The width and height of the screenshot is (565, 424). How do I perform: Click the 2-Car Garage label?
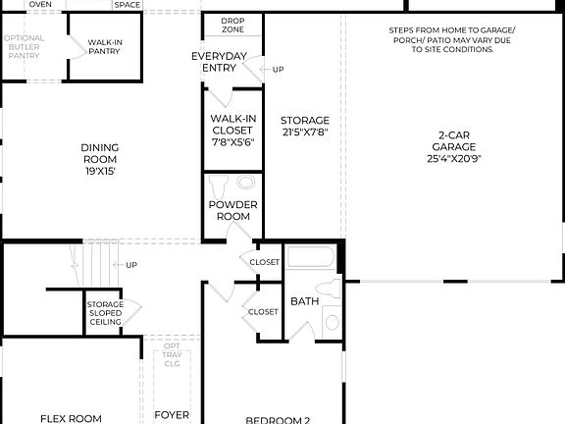(x=452, y=147)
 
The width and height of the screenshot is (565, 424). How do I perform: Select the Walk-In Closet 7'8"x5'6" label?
(x=232, y=130)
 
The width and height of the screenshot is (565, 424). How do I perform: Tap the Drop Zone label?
(x=232, y=25)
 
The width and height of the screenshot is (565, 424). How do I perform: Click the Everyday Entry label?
(x=218, y=62)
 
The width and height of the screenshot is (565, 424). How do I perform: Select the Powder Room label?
(x=232, y=210)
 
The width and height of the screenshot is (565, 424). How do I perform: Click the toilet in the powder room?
(x=222, y=183)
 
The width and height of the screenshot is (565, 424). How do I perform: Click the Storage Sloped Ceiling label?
(x=105, y=313)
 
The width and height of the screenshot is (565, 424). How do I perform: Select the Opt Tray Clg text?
(x=172, y=355)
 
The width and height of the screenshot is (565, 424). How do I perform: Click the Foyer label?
(x=172, y=415)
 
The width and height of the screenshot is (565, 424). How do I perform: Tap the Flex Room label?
(x=71, y=418)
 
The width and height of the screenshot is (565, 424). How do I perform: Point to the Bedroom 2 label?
(x=278, y=419)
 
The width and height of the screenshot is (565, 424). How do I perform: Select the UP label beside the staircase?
(x=131, y=265)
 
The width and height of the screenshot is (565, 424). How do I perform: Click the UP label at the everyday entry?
(x=278, y=70)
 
